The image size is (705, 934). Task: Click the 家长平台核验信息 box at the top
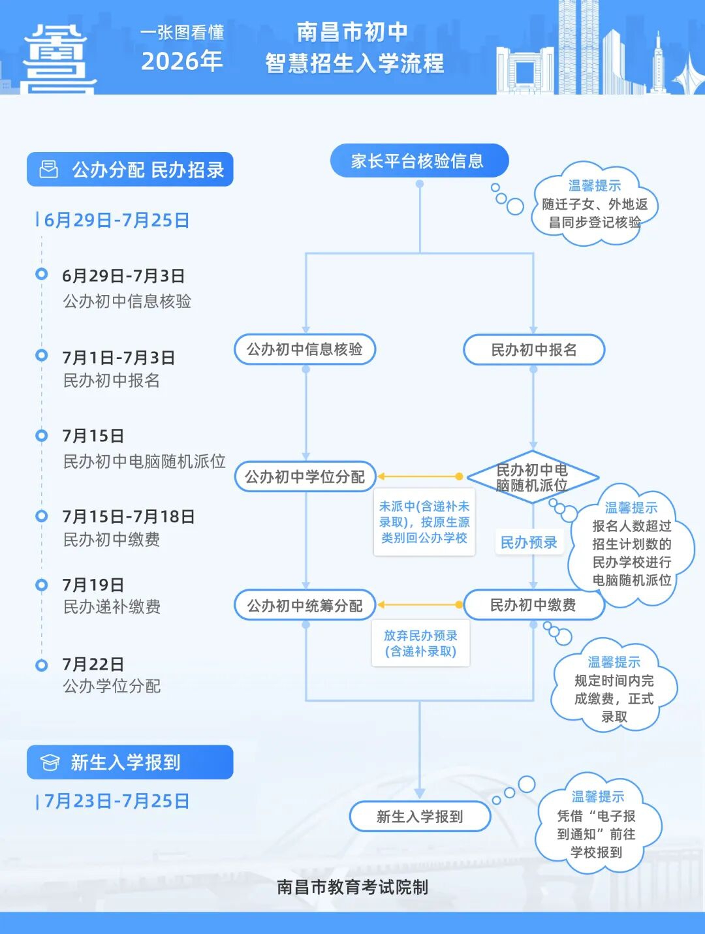[x=420, y=161]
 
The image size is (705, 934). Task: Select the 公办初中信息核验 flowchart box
[x=305, y=349]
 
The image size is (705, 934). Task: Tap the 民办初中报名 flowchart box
[x=533, y=350]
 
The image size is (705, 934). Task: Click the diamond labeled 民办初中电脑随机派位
[x=533, y=477]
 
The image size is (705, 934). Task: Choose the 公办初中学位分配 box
[x=305, y=476]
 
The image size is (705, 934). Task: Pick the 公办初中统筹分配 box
[x=305, y=605]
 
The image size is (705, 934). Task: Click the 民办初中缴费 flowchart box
[x=533, y=604]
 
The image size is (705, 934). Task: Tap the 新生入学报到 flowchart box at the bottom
[x=420, y=817]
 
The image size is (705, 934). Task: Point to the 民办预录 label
[x=529, y=542]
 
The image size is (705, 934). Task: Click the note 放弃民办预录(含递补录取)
[x=420, y=643]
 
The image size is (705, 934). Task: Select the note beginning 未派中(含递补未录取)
[x=424, y=522]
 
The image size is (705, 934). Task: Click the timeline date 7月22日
[x=93, y=664]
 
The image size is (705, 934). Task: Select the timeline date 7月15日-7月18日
[x=129, y=516]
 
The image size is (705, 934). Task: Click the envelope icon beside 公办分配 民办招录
[x=48, y=169]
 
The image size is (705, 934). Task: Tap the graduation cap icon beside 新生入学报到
[x=50, y=762]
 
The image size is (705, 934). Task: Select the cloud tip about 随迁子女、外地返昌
[x=595, y=204]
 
